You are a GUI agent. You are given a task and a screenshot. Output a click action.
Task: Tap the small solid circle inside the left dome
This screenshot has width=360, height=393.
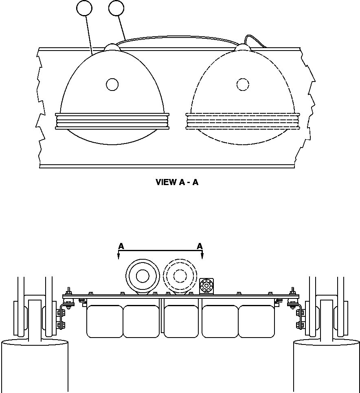pos(112,84)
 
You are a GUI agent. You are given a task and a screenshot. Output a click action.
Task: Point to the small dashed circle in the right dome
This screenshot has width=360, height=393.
pos(243,84)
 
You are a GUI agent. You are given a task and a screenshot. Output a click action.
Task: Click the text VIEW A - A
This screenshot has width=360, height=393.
pos(177,182)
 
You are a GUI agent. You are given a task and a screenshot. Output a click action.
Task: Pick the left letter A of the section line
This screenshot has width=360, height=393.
pos(121,246)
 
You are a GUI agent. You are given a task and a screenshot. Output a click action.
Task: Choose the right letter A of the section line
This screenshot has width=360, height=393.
pos(200,246)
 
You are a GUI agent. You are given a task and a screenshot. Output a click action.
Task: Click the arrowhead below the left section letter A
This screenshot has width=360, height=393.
pos(119,256)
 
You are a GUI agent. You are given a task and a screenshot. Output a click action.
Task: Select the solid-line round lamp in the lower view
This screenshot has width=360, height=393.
pos(142,276)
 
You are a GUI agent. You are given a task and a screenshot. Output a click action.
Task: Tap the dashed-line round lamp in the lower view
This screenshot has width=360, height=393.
pos(180,276)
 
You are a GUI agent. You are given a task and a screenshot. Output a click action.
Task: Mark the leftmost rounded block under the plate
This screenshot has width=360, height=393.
pos(105,321)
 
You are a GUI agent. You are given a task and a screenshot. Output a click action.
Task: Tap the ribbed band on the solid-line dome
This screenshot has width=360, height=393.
pos(112,121)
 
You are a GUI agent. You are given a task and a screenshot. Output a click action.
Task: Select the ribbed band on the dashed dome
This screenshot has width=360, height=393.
pos(243,121)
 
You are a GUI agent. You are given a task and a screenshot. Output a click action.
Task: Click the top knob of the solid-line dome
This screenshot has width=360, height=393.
pos(112,47)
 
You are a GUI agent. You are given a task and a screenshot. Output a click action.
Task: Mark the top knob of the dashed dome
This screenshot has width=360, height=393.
pos(243,47)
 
